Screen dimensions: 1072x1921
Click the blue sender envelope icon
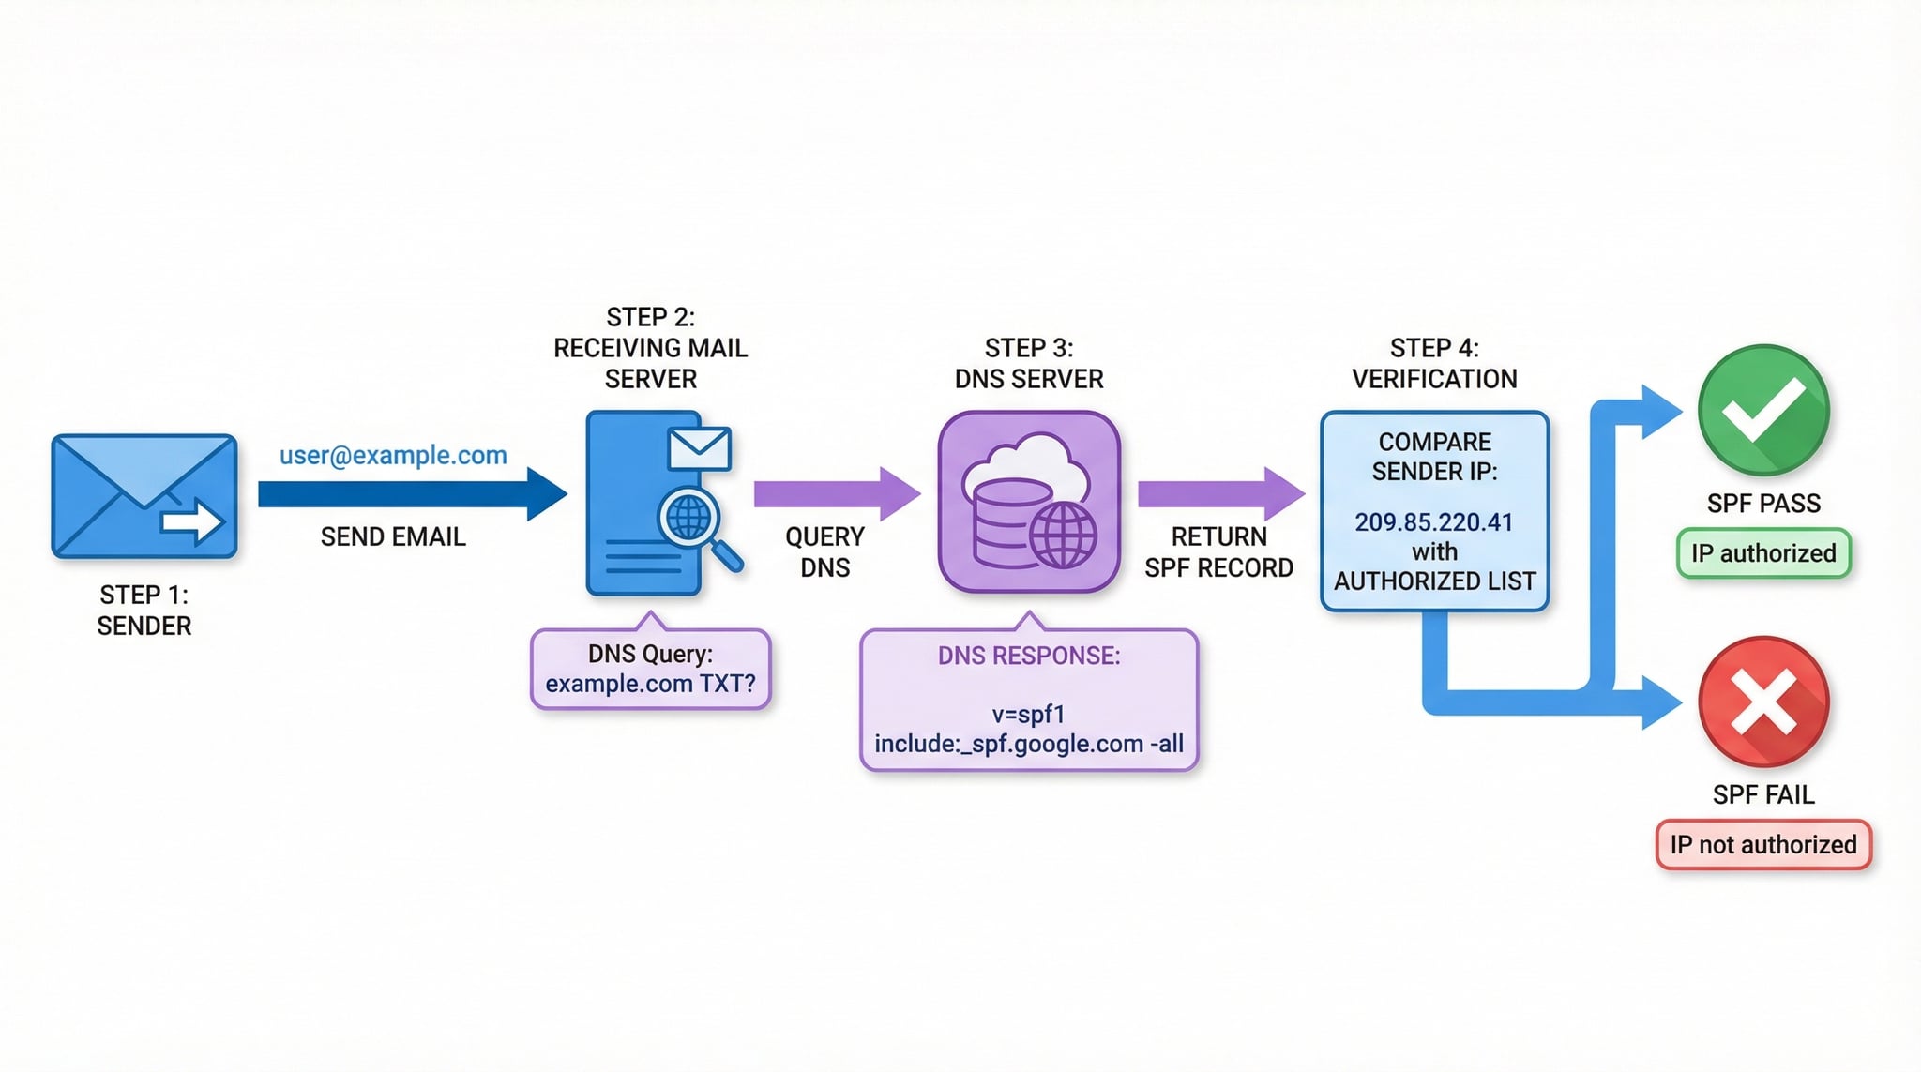point(144,496)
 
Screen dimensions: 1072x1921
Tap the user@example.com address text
point(393,455)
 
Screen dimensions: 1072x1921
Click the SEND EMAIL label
point(393,536)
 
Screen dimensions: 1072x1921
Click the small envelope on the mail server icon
point(699,449)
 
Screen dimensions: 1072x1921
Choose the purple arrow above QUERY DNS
point(835,493)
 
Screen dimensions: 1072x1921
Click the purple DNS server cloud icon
point(1029,502)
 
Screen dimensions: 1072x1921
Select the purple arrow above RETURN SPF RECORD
point(1219,493)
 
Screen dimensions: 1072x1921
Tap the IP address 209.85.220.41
point(1433,522)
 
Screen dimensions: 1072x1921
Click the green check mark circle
point(1762,410)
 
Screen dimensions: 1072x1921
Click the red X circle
point(1762,702)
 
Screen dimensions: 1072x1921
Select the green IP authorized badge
point(1762,553)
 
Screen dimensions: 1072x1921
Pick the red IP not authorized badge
point(1762,844)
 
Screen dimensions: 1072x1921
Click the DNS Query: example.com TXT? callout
point(650,669)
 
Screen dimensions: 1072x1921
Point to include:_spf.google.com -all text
point(1028,744)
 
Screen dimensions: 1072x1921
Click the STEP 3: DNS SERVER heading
point(1028,363)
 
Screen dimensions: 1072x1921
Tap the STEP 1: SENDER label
point(144,610)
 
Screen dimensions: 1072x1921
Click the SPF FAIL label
point(1762,794)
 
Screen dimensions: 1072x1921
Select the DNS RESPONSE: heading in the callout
point(1028,656)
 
